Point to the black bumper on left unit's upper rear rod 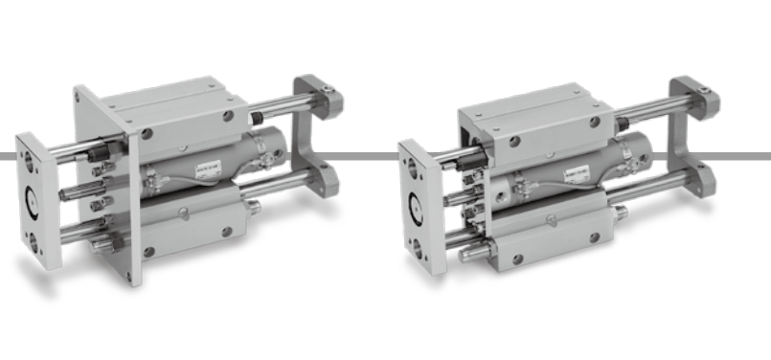(256, 118)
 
